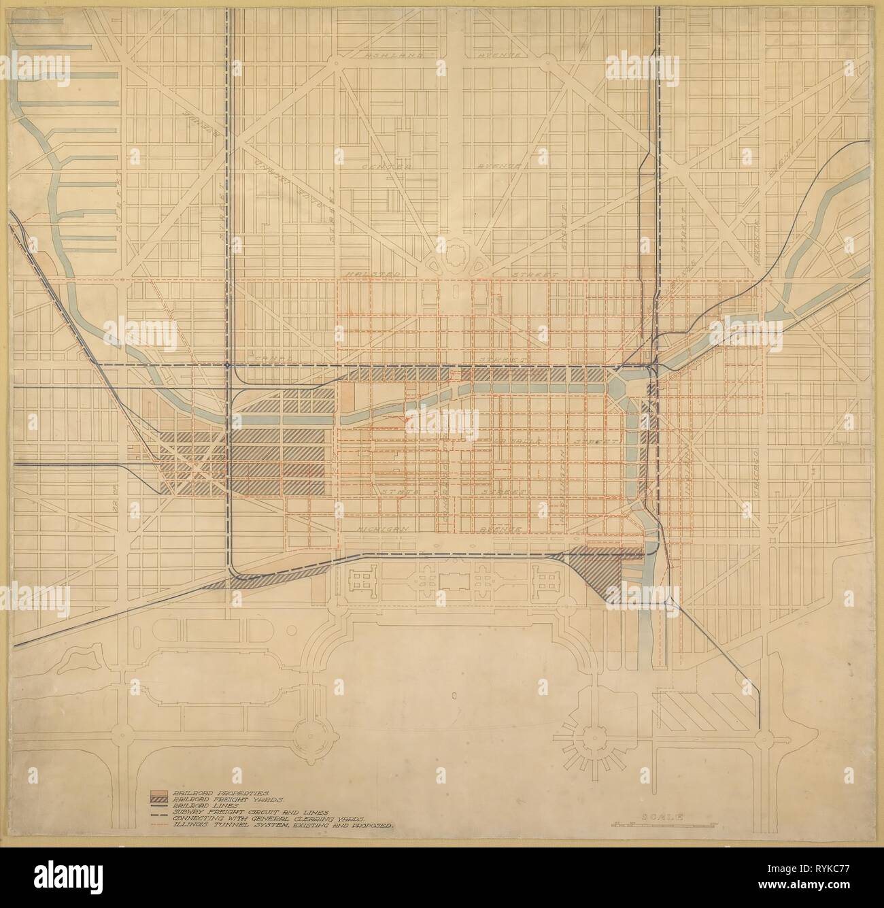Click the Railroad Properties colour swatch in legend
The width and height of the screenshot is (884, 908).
(161, 793)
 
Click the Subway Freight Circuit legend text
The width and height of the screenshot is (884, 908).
(252, 812)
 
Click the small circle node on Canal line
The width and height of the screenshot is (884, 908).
(226, 365)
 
